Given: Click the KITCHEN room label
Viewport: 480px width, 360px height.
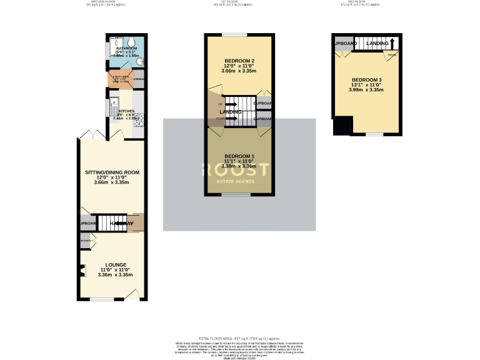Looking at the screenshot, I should point(122,111).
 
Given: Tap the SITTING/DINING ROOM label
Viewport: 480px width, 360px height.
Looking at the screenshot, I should point(112,172).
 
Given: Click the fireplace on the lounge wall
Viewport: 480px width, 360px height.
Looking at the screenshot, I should point(82,270).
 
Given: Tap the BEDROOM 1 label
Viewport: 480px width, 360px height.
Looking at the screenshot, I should point(239,156).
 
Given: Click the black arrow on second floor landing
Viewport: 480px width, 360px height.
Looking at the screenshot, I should point(392,43).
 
